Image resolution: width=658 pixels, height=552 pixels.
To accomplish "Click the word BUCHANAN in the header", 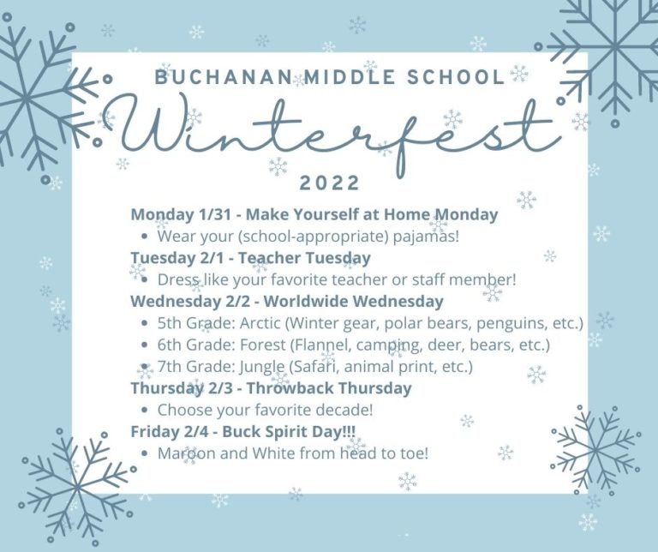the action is (224, 77).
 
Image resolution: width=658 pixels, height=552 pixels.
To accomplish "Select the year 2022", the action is (330, 183).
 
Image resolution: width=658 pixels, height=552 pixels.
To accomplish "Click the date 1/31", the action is (213, 214).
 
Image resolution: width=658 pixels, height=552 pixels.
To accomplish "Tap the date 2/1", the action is (212, 258).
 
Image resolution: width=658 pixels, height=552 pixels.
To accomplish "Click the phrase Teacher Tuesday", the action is (304, 258).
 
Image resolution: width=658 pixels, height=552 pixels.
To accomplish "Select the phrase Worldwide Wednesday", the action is (354, 302).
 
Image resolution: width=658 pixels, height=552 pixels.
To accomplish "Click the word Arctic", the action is (260, 323).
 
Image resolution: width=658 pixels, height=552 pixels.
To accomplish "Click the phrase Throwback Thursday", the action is (329, 388).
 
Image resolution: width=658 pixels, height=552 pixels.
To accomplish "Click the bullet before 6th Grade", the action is (145, 345).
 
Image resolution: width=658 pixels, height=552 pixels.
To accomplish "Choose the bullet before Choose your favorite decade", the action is (145, 411).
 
